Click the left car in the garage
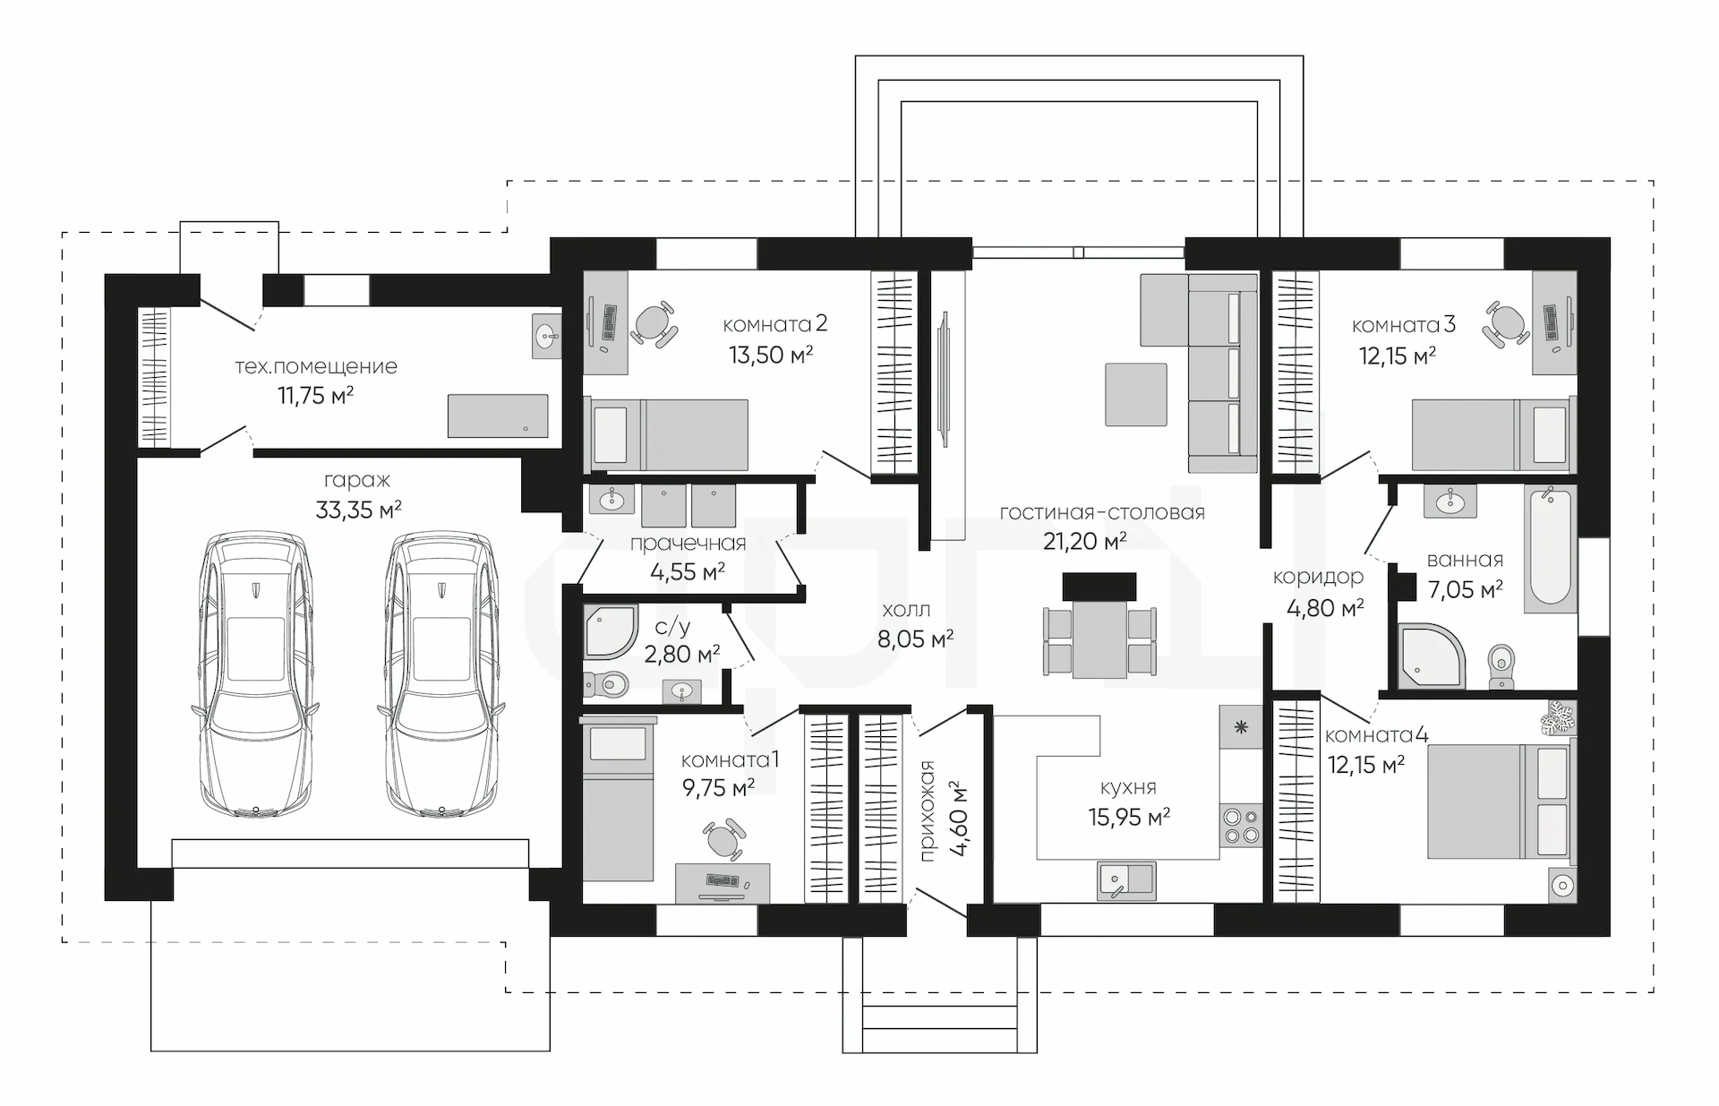[x=255, y=675]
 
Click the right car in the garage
[x=440, y=675]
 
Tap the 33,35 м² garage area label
[x=358, y=510]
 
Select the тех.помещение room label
[x=316, y=366]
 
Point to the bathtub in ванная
[x=1551, y=549]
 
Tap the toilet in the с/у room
[x=606, y=685]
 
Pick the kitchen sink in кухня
[x=1126, y=880]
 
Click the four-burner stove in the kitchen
[x=1241, y=825]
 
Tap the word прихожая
[x=928, y=810]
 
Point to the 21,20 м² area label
[x=1084, y=541]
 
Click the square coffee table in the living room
[x=1136, y=394]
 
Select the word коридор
[x=1318, y=578]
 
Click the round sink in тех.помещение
[x=546, y=336]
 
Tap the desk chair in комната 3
[x=1505, y=325]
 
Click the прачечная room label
[x=688, y=544]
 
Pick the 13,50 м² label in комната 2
[x=771, y=355]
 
